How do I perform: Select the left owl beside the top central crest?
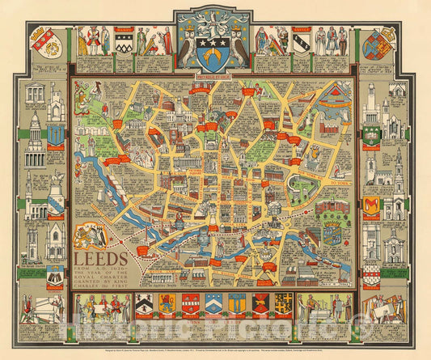pos(186,45)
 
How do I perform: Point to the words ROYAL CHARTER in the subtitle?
pos(109,279)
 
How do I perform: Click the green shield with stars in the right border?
pos(371,134)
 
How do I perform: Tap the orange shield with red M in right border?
pos(371,204)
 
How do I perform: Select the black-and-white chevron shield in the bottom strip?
pos(146,304)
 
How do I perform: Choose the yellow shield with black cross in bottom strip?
pos(283,304)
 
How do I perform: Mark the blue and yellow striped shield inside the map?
pos(332,235)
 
